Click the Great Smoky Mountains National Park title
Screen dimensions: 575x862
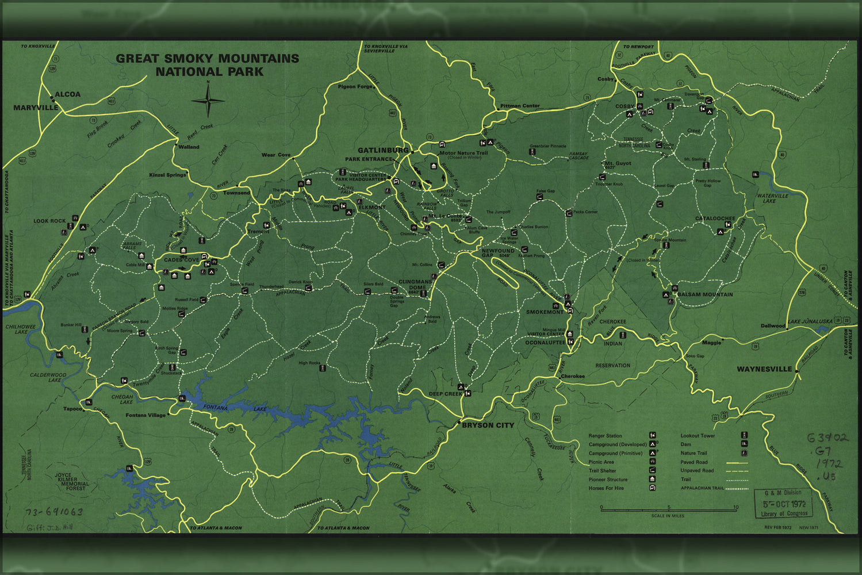tap(208, 65)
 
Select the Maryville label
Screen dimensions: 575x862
tap(36, 108)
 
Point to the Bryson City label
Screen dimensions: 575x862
tap(488, 425)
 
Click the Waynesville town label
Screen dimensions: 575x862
tap(764, 369)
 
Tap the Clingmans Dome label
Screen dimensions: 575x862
tap(415, 285)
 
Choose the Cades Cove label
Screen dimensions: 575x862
tap(181, 260)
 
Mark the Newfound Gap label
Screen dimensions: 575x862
tap(498, 254)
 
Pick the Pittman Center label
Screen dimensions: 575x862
tap(520, 106)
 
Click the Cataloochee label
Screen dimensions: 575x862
tap(715, 218)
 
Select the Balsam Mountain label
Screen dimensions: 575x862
tap(705, 294)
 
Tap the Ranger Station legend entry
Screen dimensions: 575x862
tap(606, 436)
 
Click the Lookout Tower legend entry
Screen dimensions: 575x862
tap(698, 436)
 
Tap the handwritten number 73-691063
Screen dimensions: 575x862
tap(54, 512)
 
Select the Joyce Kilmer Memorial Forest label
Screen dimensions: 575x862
tap(72, 482)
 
